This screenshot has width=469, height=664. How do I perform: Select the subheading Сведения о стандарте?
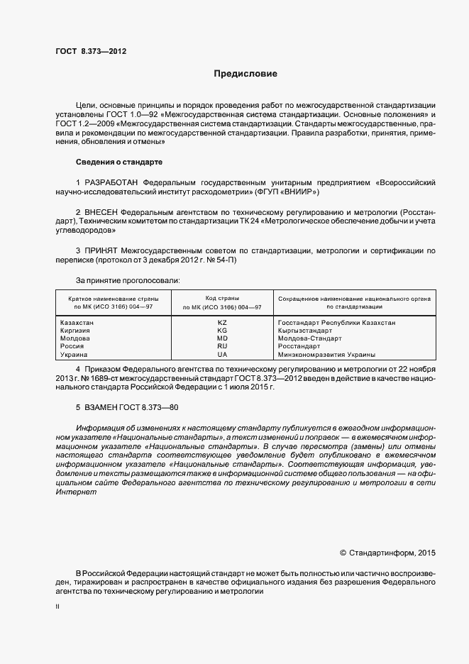coord(119,162)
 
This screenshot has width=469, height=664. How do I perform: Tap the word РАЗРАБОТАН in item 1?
coord(111,182)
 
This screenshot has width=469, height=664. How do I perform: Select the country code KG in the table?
coord(222,331)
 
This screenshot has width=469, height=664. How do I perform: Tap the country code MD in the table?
coord(222,338)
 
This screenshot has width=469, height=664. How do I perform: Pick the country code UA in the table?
coord(222,354)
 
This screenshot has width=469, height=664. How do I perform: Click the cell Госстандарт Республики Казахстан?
coord(337,323)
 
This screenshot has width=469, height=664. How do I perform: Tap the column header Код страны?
coord(222,299)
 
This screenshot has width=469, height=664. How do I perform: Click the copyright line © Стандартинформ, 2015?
coord(387,553)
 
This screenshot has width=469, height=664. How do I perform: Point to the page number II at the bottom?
coord(57,607)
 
